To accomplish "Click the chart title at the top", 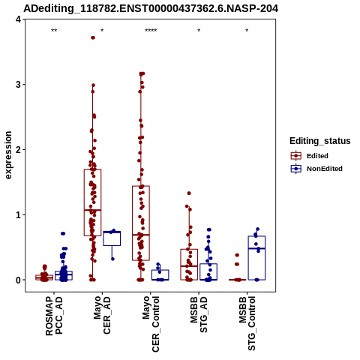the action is tap(151, 9).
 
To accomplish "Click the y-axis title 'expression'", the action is tap(8, 155).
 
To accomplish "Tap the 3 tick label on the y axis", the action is tap(19, 85).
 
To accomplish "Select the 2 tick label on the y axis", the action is tap(19, 150).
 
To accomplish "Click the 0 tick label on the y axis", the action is tap(19, 280).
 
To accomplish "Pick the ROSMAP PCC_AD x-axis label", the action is tap(54, 316).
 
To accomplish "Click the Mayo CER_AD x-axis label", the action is tap(102, 315).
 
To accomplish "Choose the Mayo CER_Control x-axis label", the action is tap(151, 324).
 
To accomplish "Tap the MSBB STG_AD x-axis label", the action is tap(199, 315).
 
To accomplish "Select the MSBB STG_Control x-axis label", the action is tap(247, 324).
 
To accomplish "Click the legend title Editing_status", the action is tap(320, 141).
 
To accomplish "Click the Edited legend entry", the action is tap(310, 156).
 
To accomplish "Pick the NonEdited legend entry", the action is tap(316, 169).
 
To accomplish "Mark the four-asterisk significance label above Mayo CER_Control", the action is tap(151, 31).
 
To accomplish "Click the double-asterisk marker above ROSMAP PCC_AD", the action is tap(54, 31).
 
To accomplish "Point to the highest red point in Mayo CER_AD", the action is tap(93, 37).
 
